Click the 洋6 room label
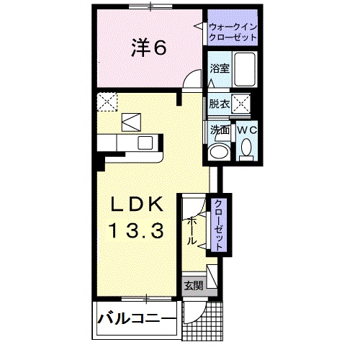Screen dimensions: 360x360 point(150,48)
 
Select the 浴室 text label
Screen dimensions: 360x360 point(219,70)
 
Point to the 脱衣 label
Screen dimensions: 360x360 point(219,104)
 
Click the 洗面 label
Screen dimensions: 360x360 point(219,130)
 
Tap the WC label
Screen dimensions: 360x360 point(247,130)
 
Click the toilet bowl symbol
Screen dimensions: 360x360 point(247,149)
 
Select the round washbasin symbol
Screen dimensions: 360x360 point(218,152)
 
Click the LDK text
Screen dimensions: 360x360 point(140,204)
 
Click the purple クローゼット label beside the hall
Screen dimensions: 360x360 point(217,224)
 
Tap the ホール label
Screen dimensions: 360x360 point(192,230)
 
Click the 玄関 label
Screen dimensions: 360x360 point(192,285)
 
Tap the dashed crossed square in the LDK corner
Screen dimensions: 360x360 point(109,102)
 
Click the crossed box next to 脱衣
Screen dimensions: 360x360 point(242,104)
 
